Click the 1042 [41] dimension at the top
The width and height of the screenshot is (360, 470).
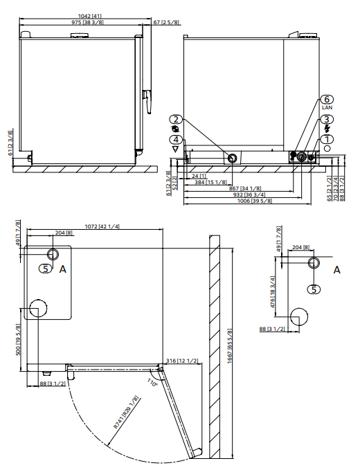[x=88, y=15]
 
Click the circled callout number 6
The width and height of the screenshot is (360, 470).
[x=328, y=100]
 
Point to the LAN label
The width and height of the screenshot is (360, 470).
[x=327, y=109]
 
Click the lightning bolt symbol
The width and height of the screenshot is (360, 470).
[x=327, y=129]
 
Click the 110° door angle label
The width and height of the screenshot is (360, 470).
[x=152, y=382]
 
